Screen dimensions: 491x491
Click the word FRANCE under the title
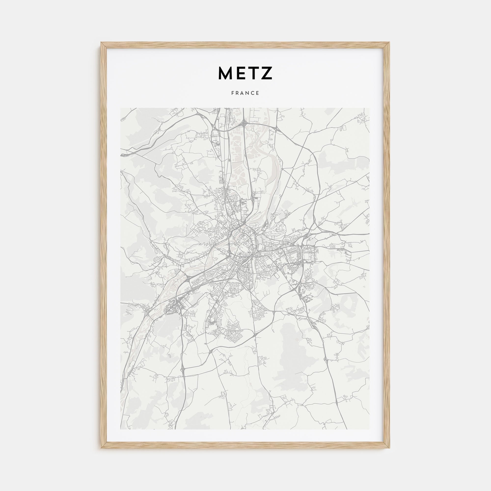[245, 93]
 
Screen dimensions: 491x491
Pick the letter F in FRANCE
[233, 93]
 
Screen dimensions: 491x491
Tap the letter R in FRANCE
[238, 93]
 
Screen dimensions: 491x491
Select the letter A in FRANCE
[243, 93]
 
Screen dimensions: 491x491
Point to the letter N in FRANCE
[248, 93]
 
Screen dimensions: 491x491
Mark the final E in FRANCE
[258, 93]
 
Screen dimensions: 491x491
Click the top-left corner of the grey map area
[121, 108]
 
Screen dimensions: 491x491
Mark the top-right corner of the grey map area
[370, 108]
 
